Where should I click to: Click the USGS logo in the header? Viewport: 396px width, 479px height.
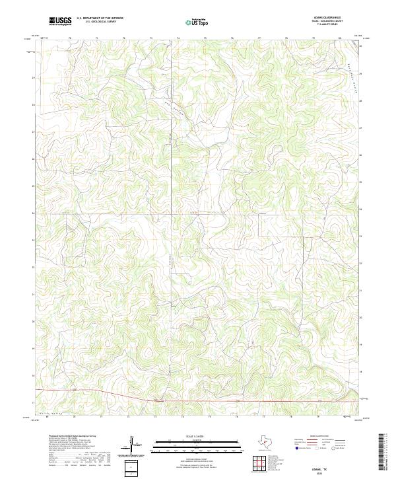[x=60, y=21]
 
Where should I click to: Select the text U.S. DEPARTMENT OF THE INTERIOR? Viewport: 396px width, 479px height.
[x=100, y=18]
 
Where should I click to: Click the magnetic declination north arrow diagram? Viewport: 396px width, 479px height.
[x=131, y=444]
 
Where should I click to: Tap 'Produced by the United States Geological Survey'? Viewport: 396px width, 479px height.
[x=63, y=437]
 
